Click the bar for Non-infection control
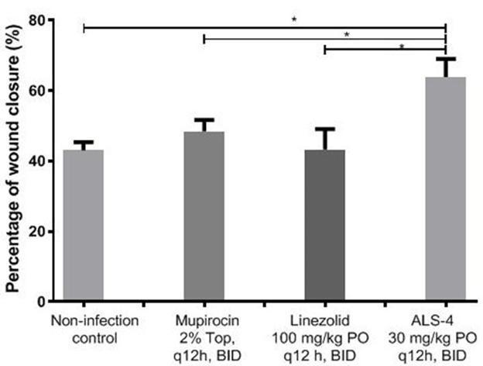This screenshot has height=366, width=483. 83,226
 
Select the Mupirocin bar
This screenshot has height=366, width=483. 204,216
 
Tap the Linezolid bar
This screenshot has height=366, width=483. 324,226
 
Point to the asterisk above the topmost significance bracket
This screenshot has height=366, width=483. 294,20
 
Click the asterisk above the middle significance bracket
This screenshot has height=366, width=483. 347,34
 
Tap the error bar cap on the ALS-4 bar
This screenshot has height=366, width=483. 446,58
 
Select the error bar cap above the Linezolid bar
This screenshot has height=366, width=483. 324,128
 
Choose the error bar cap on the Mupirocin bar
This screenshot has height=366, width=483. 204,119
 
